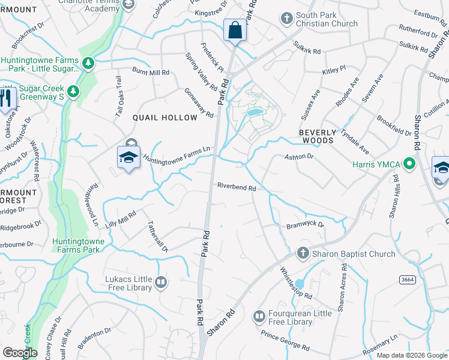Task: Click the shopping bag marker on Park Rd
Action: tap(235, 30)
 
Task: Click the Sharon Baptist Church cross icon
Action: tap(303, 253)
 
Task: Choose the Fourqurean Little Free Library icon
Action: tap(259, 316)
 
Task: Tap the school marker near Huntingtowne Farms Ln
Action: tap(128, 157)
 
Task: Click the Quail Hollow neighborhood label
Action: tap(161, 118)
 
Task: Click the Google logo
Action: tap(20, 353)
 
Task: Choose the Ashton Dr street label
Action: tap(298, 157)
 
